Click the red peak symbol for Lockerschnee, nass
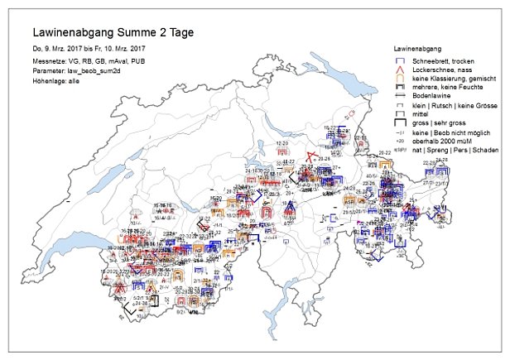(x=400, y=71)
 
